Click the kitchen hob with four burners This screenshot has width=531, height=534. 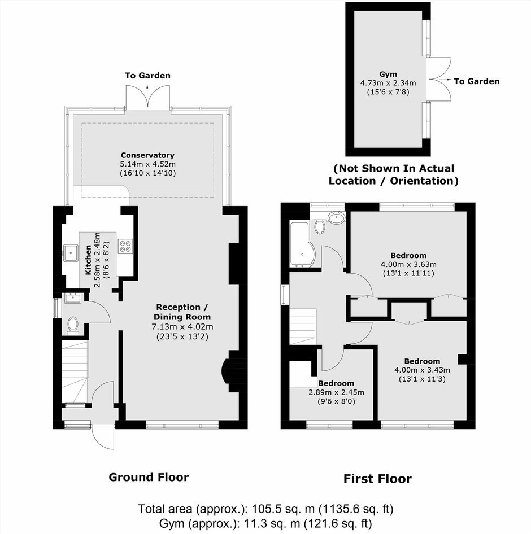pyautogui.click(x=125, y=246)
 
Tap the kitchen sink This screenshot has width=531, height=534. pyautogui.click(x=71, y=253)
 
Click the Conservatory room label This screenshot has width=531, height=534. pyautogui.click(x=147, y=155)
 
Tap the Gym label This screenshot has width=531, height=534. pyautogui.click(x=388, y=75)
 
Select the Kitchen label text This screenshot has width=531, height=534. pyautogui.click(x=88, y=260)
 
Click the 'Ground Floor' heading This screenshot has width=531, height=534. pyautogui.click(x=149, y=477)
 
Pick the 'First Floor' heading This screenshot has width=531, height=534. pyautogui.click(x=377, y=479)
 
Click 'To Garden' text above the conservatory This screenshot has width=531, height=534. pyautogui.click(x=147, y=76)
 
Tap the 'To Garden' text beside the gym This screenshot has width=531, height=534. pyautogui.click(x=477, y=81)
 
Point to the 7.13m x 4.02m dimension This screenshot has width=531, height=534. pyautogui.click(x=182, y=327)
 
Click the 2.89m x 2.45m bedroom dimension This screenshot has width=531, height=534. pyautogui.click(x=336, y=392)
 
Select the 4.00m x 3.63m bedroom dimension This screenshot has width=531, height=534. pyautogui.click(x=408, y=264)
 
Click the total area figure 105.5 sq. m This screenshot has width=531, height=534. pyautogui.click(x=283, y=509)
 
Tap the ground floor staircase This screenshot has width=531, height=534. pyautogui.click(x=75, y=373)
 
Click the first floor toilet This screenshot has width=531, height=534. pyautogui.click(x=320, y=226)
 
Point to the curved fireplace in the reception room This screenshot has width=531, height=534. pyautogui.click(x=225, y=371)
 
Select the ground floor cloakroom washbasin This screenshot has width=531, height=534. pyautogui.click(x=72, y=298)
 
